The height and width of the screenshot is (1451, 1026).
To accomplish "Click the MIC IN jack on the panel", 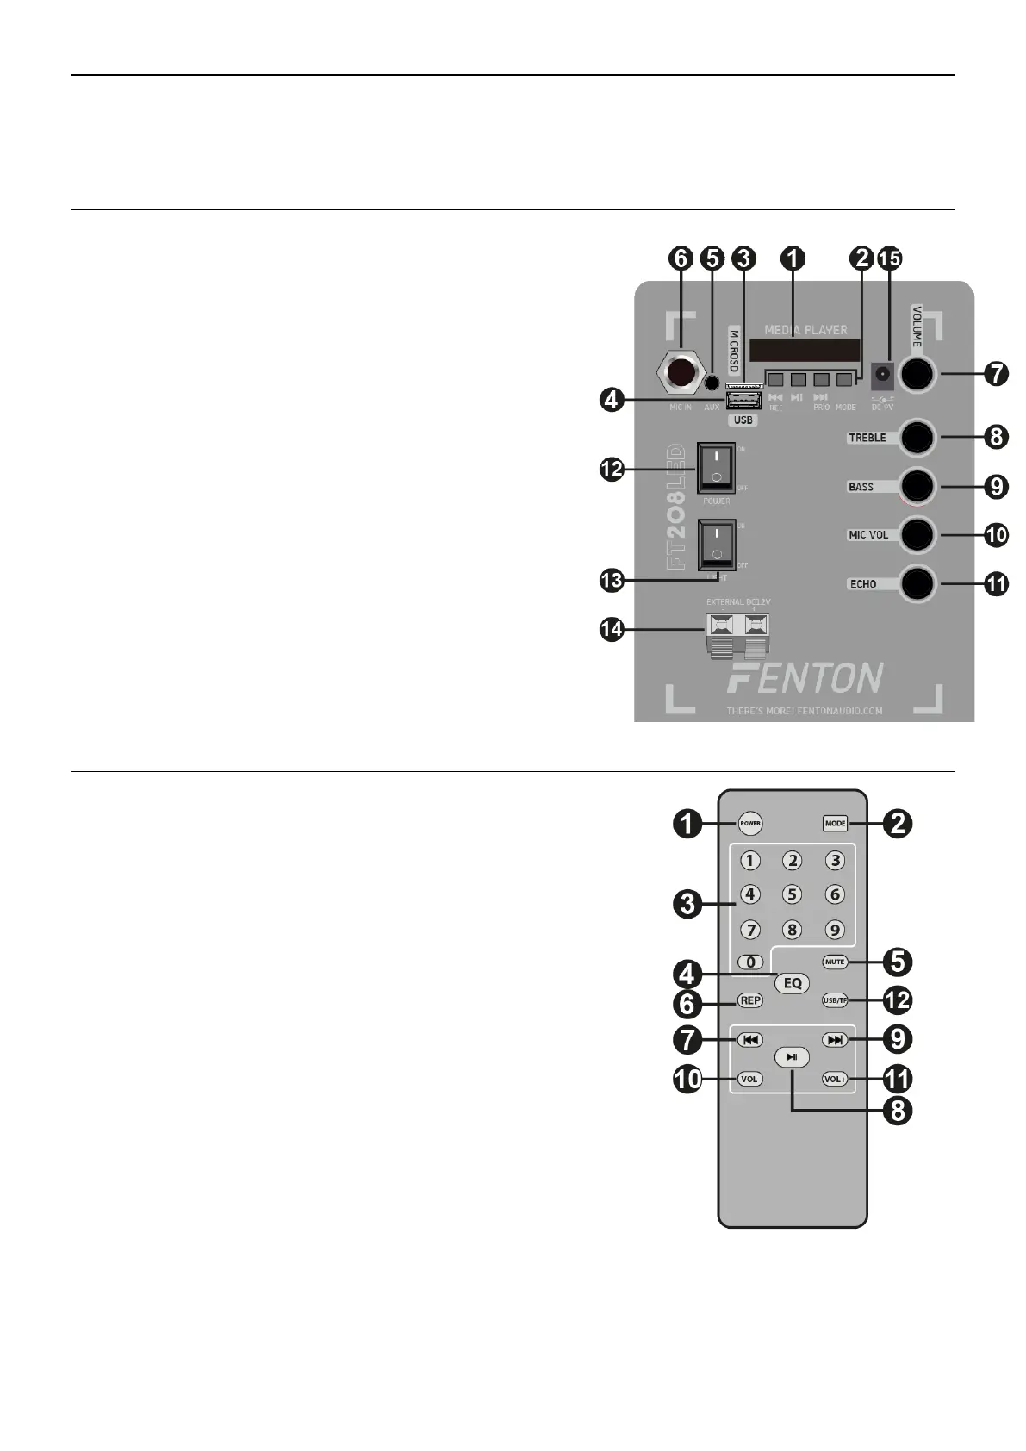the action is coord(681,374).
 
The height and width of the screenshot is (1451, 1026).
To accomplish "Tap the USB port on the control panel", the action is coord(743,402).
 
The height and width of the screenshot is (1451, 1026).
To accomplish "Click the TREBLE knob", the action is coord(917,438).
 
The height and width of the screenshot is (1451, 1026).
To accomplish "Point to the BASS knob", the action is coord(917,486).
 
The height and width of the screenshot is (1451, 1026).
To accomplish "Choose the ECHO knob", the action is coord(917,583).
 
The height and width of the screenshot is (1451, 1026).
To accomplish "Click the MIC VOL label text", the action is coord(867,535).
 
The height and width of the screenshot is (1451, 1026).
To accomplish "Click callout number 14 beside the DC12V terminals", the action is coord(612,630).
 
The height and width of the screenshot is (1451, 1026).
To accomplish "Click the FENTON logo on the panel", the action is coord(804,678).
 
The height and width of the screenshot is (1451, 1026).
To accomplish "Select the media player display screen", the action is coord(804,350).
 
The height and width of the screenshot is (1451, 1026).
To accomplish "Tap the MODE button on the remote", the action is coord(835,823).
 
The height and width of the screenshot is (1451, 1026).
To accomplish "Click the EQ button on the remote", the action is coord(792,982).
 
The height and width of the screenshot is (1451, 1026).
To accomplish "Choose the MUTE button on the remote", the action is coord(834,962).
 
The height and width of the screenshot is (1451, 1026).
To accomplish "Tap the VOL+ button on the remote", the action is coord(835,1079).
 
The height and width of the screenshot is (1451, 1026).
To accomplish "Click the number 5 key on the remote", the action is coord(792,894).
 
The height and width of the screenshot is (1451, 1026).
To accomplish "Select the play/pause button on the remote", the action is coord(792,1057).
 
